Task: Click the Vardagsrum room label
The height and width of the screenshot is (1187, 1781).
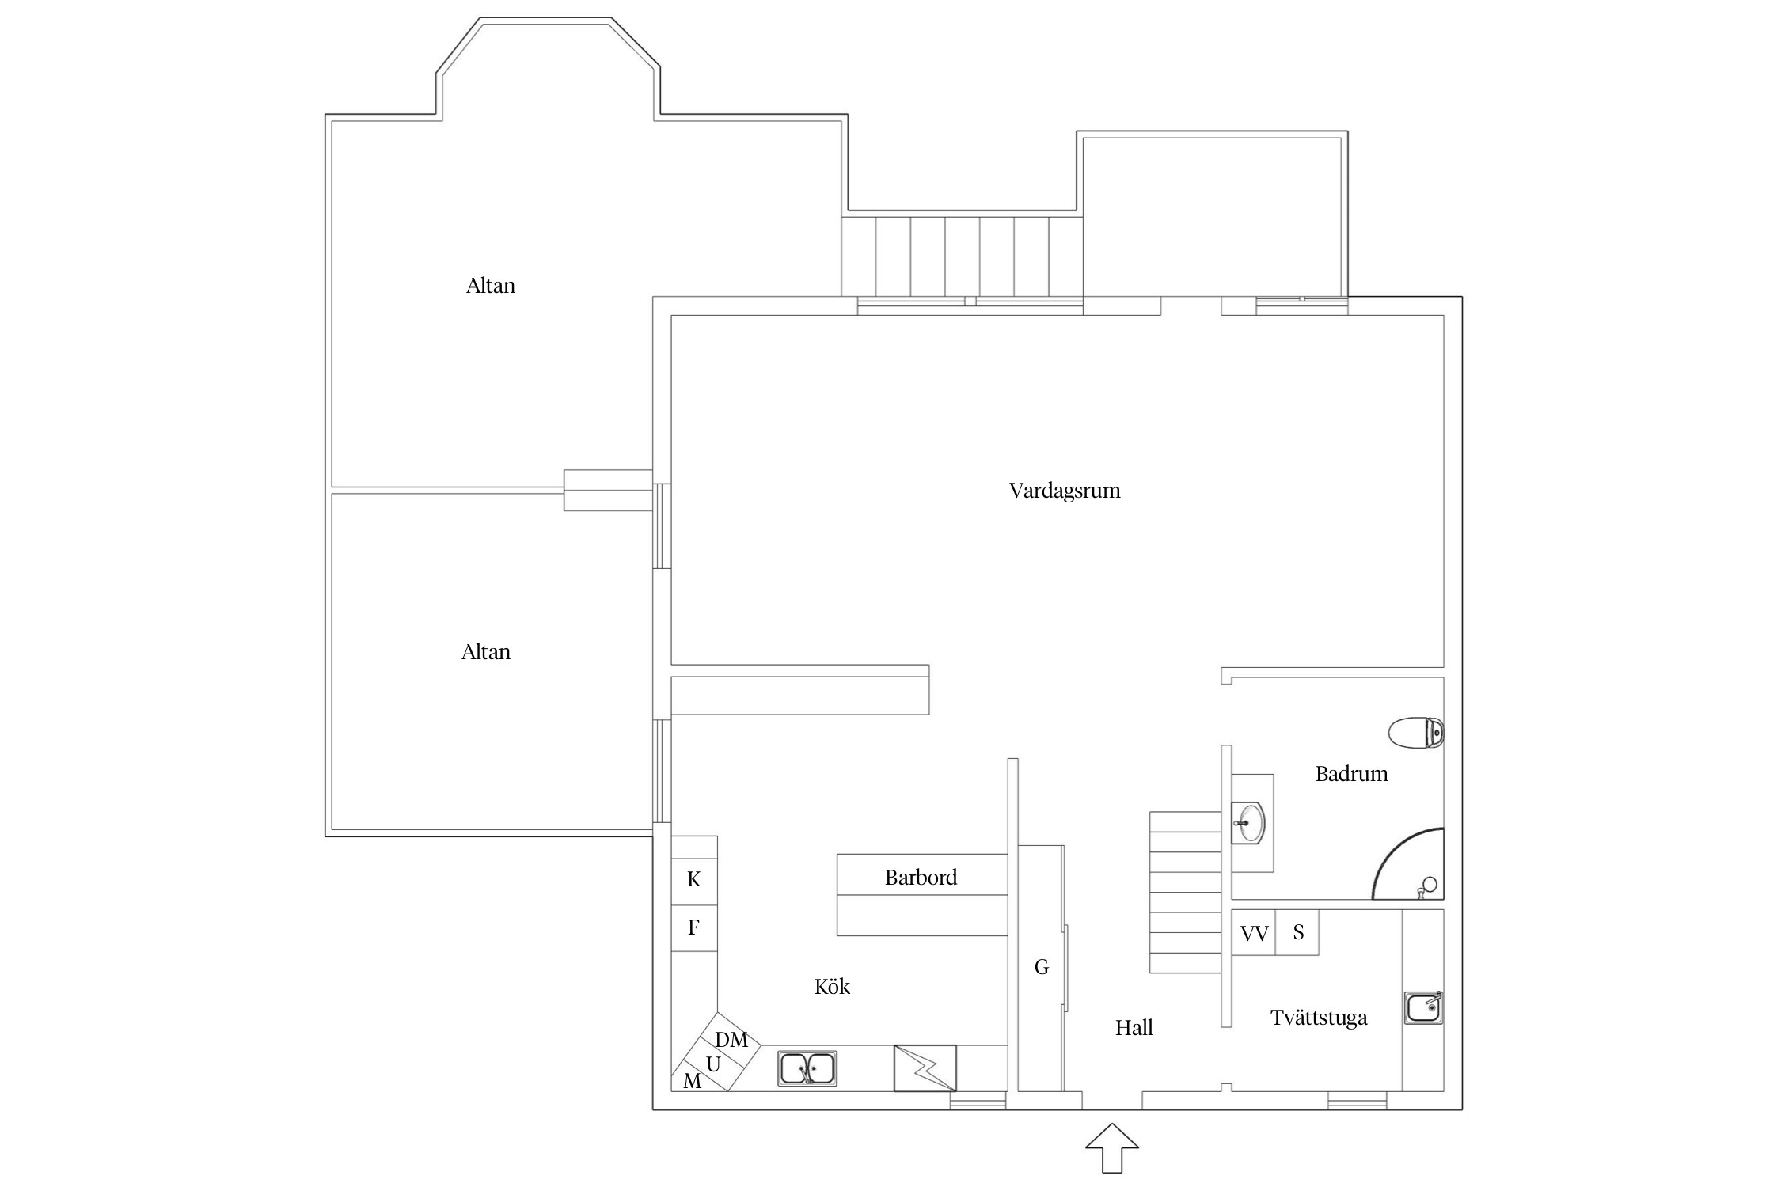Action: click(1064, 491)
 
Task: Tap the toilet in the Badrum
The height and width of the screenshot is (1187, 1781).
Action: click(1415, 732)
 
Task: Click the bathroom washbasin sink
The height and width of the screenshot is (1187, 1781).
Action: click(1248, 823)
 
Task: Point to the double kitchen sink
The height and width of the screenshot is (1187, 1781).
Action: click(807, 1068)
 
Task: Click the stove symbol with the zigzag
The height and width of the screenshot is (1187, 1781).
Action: click(925, 1068)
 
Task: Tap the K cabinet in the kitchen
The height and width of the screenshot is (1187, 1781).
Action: click(694, 879)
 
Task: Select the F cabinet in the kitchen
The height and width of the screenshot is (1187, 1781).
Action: click(694, 927)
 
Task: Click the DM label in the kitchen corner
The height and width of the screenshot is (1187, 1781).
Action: click(731, 1040)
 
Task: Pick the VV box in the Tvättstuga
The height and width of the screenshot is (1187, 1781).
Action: click(1254, 934)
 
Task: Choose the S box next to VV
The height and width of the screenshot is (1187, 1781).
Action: click(1298, 933)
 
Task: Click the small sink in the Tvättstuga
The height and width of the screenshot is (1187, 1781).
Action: click(1422, 1007)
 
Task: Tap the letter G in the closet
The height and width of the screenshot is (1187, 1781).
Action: click(1041, 967)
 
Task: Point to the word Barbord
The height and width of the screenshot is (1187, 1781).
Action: click(921, 878)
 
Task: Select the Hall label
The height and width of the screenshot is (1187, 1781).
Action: click(1134, 1028)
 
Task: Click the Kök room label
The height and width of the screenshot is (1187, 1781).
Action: click(832, 987)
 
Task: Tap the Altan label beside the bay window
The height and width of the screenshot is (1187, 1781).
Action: click(490, 286)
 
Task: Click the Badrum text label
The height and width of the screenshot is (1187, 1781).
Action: click(1351, 774)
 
